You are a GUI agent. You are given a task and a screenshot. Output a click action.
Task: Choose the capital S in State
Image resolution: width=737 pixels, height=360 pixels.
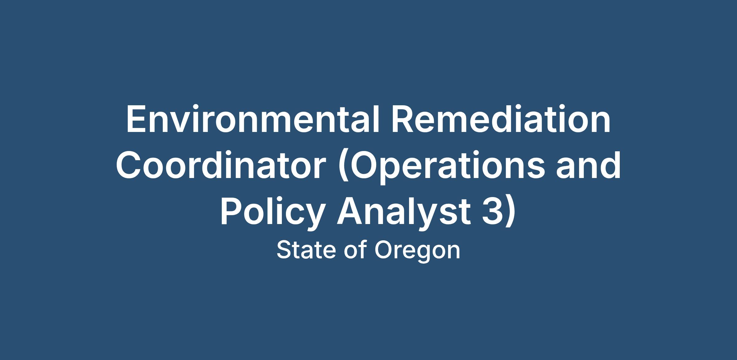point(284,250)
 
